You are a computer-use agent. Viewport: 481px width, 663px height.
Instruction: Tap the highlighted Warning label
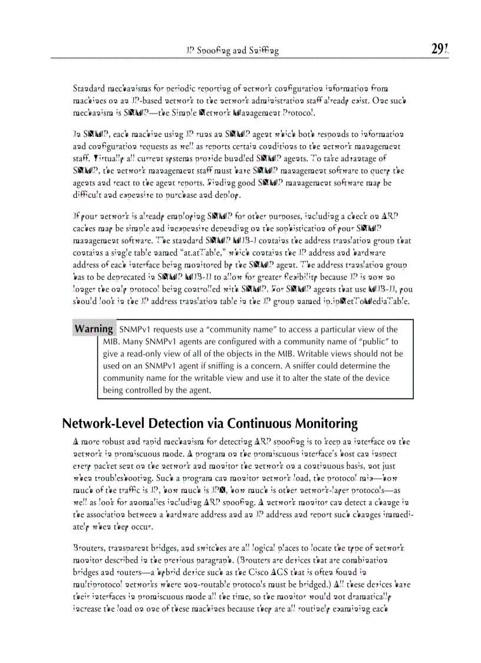pos(94,329)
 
